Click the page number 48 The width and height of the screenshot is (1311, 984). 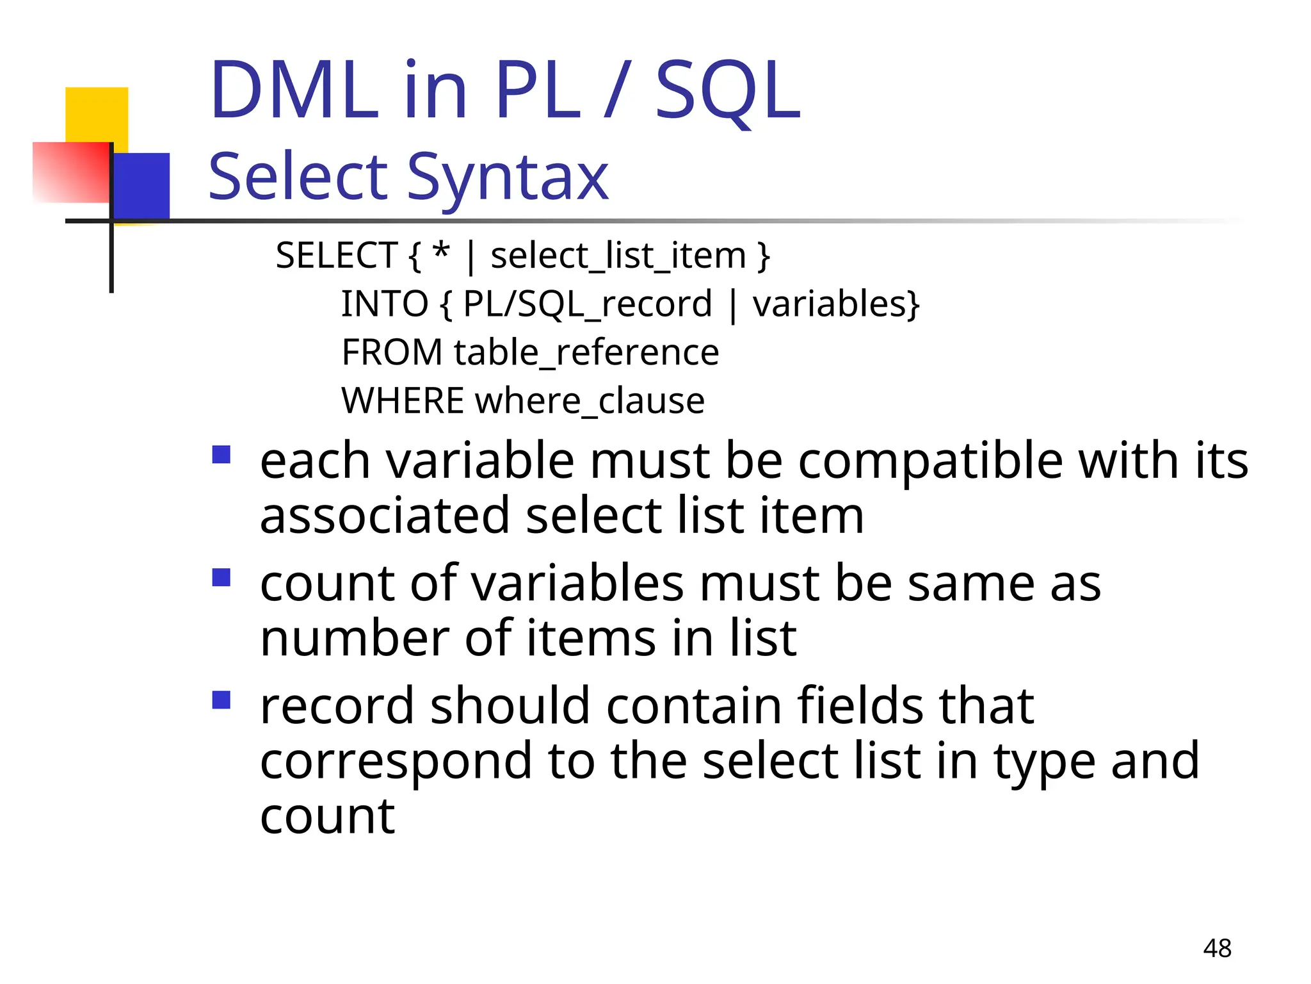pyautogui.click(x=1217, y=948)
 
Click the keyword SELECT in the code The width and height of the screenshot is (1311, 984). pyautogui.click(x=337, y=256)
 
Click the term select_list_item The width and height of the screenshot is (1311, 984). pyautogui.click(x=618, y=256)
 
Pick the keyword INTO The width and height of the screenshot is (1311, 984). pyautogui.click(x=384, y=304)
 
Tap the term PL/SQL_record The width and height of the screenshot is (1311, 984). pyautogui.click(x=587, y=304)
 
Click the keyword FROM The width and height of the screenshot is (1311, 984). pyautogui.click(x=392, y=352)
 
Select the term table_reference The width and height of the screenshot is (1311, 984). pyautogui.click(x=586, y=352)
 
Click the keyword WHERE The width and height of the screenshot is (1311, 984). pyautogui.click(x=403, y=401)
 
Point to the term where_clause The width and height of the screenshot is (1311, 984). pyautogui.click(x=590, y=401)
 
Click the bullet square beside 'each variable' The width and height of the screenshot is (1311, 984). pyautogui.click(x=221, y=455)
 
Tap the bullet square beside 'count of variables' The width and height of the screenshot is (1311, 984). pyautogui.click(x=221, y=577)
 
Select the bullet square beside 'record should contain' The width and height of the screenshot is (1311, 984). pyautogui.click(x=221, y=700)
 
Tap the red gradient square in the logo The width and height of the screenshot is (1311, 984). pyautogui.click(x=70, y=172)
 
